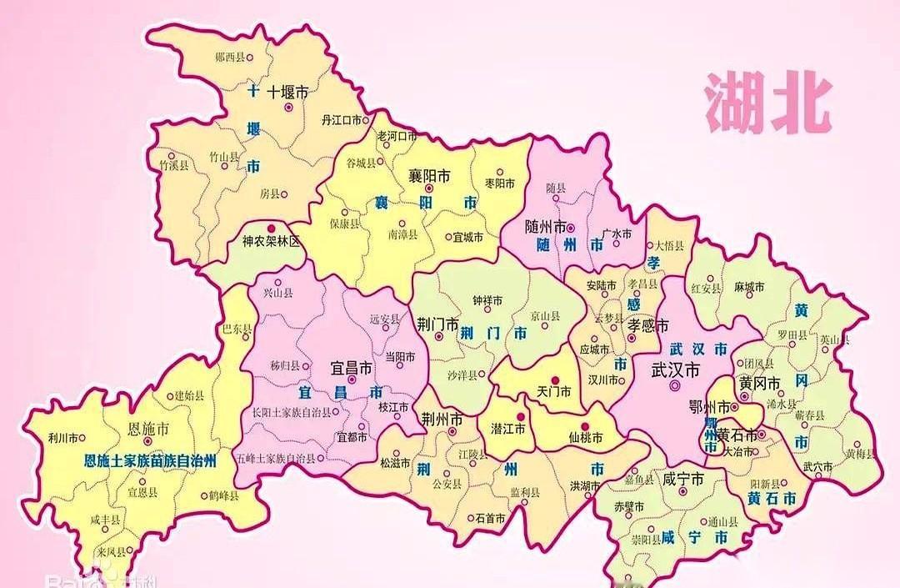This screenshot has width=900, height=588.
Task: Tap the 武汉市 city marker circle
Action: (x=674, y=386)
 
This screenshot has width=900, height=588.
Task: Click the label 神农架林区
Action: (x=271, y=241)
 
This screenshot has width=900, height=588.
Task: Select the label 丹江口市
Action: (x=341, y=120)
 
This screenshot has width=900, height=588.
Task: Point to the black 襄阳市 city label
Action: (x=429, y=177)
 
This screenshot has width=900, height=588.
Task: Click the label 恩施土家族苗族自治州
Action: (x=152, y=460)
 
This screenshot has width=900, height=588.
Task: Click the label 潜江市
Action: (x=507, y=428)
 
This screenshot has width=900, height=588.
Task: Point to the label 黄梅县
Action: (x=860, y=454)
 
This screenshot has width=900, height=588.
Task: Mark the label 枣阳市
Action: (x=500, y=183)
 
